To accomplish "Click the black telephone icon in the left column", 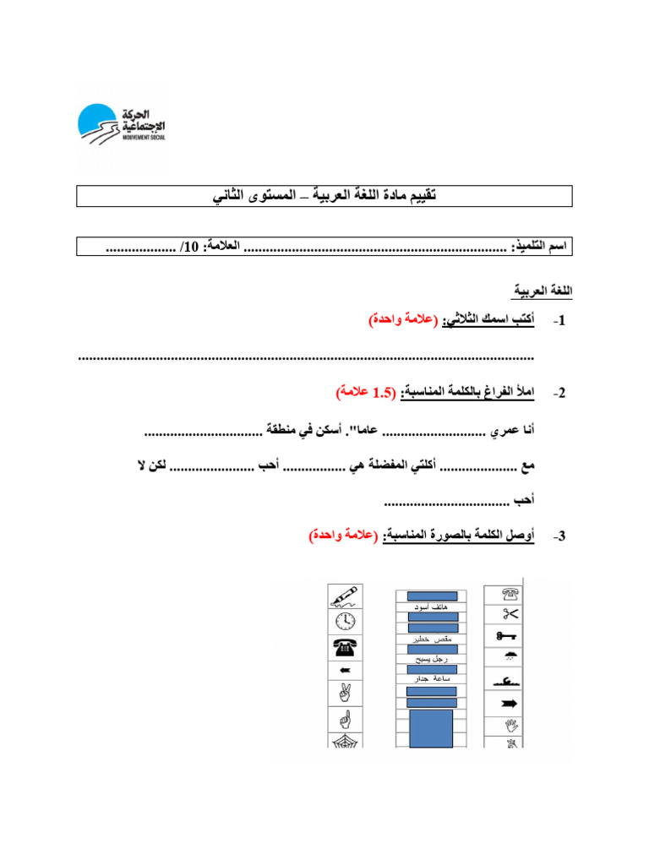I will [x=345, y=646].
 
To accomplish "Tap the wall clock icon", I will [x=345, y=622].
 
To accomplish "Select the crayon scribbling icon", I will [x=345, y=596].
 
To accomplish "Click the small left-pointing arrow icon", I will [x=345, y=672].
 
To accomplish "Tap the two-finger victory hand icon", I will [x=345, y=695].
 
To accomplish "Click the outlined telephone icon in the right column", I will [x=510, y=594].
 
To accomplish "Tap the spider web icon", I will [x=345, y=741].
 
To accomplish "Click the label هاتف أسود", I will [x=432, y=607].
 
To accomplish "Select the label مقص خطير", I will [x=433, y=639].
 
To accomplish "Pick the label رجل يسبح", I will [x=433, y=659].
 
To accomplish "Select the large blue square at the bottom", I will [x=431, y=727].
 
